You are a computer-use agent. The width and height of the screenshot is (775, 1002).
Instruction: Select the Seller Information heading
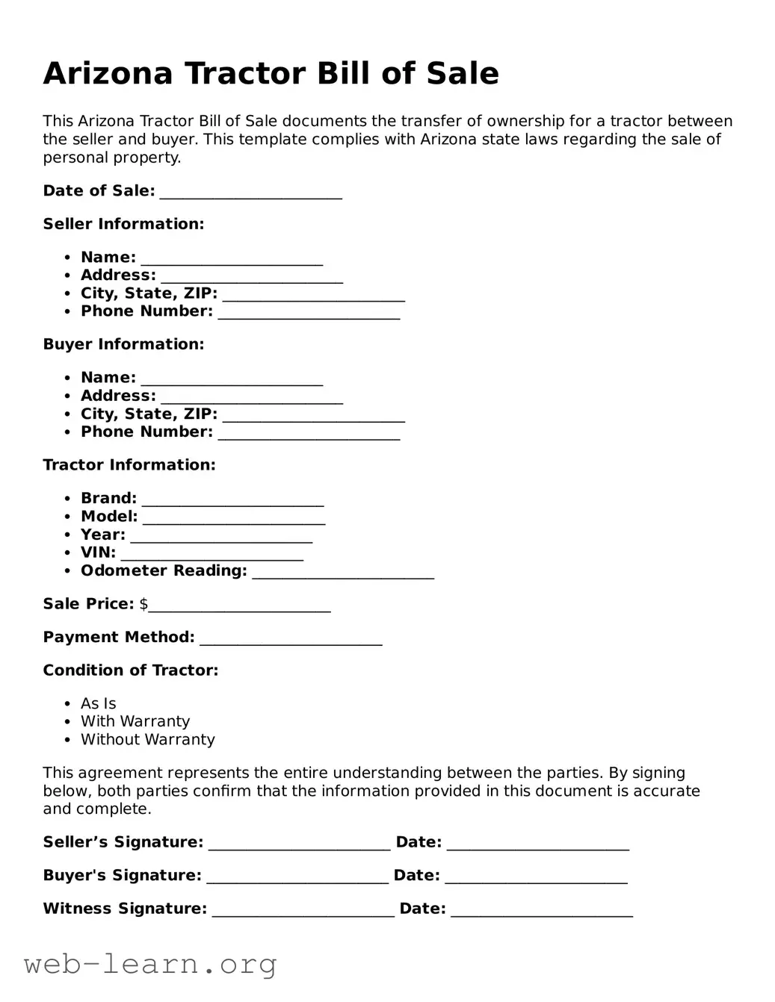(123, 224)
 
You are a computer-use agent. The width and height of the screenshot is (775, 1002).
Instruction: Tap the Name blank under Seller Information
(232, 258)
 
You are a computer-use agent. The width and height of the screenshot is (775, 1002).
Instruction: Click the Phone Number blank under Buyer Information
(309, 433)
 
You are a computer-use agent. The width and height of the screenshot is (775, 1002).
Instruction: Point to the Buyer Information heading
(123, 344)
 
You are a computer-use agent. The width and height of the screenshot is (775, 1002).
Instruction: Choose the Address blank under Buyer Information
(252, 397)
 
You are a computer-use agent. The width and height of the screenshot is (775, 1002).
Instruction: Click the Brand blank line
(232, 500)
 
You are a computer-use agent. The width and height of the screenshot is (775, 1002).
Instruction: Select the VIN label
(98, 553)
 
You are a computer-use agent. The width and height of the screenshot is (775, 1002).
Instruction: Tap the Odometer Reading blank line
(343, 572)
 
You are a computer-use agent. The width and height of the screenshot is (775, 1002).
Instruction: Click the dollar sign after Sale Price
(143, 604)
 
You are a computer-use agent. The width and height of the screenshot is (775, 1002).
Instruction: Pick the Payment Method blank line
(291, 638)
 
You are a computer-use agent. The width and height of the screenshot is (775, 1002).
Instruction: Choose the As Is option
(99, 703)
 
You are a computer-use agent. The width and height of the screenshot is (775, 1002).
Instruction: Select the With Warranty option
(135, 721)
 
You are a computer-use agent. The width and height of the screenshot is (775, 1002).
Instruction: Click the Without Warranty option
(148, 739)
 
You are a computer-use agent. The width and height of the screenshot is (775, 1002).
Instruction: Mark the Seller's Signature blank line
(299, 844)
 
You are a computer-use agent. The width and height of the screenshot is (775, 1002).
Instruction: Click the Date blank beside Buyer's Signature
(536, 877)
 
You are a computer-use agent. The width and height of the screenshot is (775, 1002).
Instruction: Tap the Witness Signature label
(125, 909)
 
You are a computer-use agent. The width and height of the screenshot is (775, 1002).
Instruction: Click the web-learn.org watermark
(150, 965)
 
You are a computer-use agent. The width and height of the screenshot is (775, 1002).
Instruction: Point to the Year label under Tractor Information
(103, 535)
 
